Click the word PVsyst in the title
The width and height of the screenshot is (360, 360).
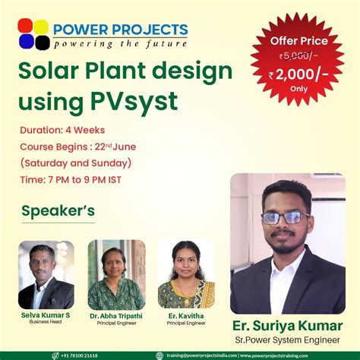pos(137,99)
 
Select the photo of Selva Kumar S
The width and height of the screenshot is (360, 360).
pos(46,275)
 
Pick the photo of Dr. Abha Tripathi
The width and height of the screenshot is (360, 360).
pos(116,275)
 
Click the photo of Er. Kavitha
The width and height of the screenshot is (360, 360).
pos(186,275)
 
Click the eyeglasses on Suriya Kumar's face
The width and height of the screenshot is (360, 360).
pos(283,217)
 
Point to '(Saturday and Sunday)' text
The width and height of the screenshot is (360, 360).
pos(76,163)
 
